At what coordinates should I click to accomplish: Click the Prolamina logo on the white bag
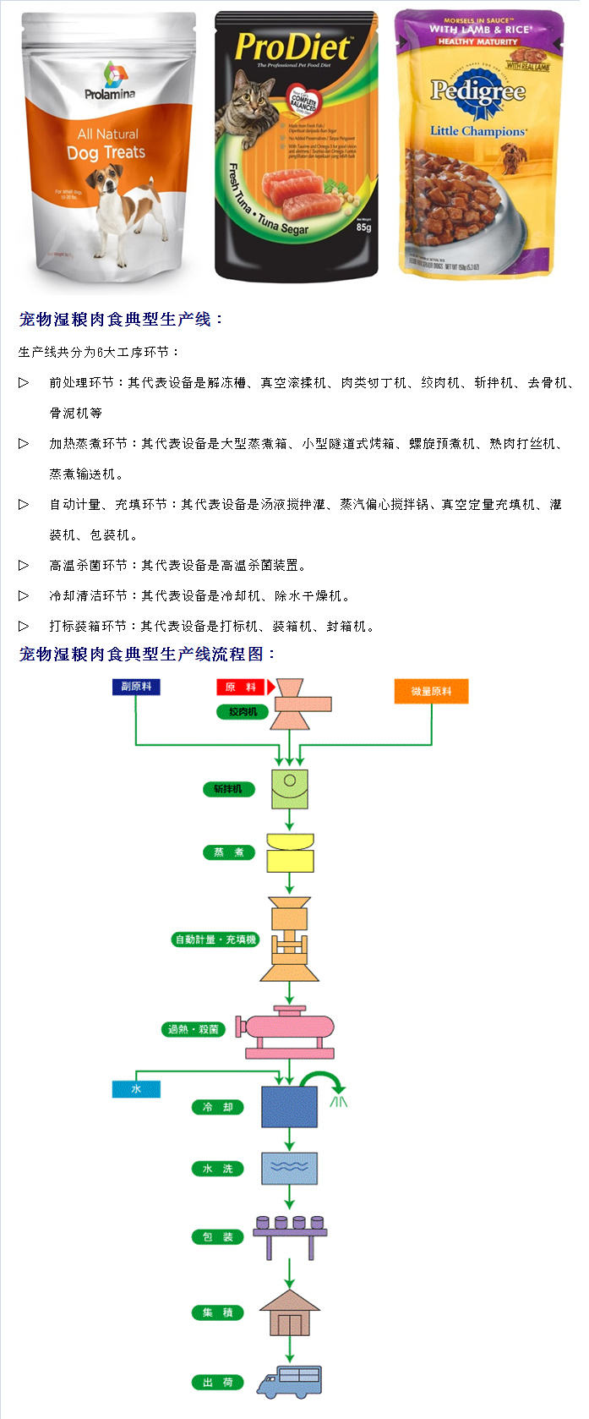click(x=109, y=81)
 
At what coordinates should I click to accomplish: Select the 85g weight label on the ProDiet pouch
click(x=363, y=227)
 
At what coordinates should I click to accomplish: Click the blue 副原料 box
click(x=136, y=687)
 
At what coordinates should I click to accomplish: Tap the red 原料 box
click(x=241, y=688)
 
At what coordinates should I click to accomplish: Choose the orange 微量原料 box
click(x=431, y=692)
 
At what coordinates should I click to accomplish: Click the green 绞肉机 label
click(x=243, y=712)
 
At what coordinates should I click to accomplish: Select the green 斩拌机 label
click(x=227, y=789)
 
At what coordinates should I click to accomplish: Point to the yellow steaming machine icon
click(x=290, y=853)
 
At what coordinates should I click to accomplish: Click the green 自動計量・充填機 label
click(x=215, y=940)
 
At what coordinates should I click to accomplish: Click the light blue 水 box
click(x=136, y=1089)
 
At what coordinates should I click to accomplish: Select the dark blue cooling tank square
click(x=289, y=1107)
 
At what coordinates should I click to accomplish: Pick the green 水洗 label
click(x=217, y=1169)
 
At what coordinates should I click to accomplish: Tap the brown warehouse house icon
click(x=290, y=1313)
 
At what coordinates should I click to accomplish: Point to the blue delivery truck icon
click(x=290, y=1382)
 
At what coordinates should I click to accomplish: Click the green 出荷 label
click(x=217, y=1383)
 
